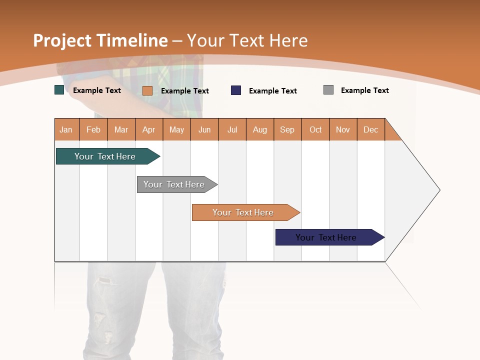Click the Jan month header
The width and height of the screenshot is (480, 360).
(x=66, y=129)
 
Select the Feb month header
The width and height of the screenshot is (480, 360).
(x=93, y=129)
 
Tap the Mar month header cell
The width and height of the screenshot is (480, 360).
(x=121, y=129)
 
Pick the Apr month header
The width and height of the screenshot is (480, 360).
(x=149, y=129)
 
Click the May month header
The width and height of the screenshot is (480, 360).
(x=176, y=129)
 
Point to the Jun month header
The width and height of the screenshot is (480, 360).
(x=204, y=129)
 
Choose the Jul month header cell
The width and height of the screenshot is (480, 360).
(x=232, y=129)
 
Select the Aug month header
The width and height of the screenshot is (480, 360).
(x=260, y=129)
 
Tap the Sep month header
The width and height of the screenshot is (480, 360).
(x=287, y=129)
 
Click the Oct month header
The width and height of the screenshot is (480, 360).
(x=315, y=129)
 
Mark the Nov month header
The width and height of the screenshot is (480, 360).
(x=343, y=129)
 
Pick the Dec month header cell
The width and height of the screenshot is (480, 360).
(x=371, y=129)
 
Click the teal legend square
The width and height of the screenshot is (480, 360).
(x=59, y=90)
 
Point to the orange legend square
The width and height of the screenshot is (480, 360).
(x=147, y=90)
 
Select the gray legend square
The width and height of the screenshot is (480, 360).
(x=328, y=90)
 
